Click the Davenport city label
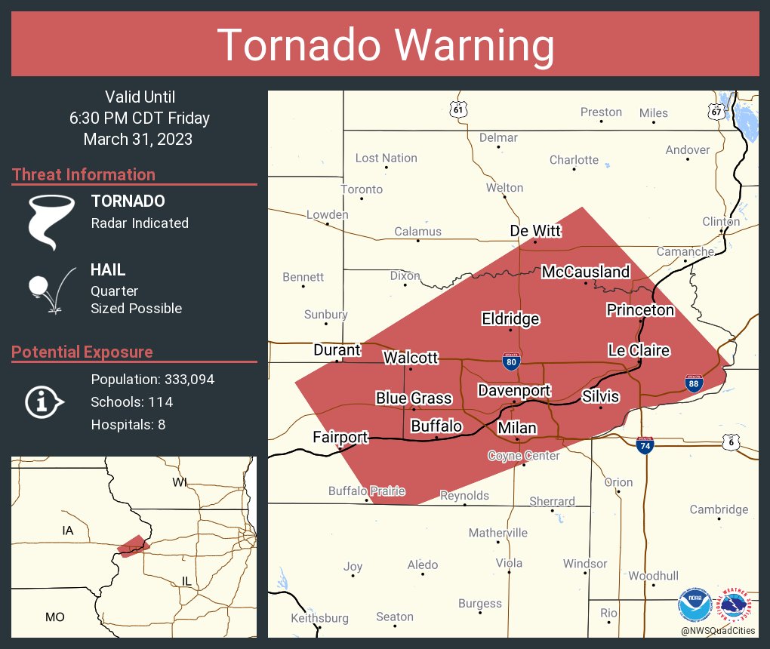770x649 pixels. [x=514, y=390]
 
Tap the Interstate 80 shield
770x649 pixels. [x=511, y=362]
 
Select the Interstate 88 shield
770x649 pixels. [x=693, y=383]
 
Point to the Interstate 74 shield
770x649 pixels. [x=644, y=445]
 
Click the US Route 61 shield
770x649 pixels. [x=458, y=109]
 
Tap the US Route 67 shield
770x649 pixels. [x=716, y=111]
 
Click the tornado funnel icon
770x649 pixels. [x=51, y=220]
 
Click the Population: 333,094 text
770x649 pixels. [x=152, y=379]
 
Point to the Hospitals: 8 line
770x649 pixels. [x=128, y=424]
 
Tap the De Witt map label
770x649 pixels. [x=535, y=230]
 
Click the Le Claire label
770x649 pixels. [x=639, y=350]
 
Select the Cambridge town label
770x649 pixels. [x=719, y=509]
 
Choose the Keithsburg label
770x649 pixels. [x=319, y=618]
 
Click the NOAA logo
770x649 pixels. [x=695, y=606]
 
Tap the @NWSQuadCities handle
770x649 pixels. [x=718, y=631]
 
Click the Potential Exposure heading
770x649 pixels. [x=82, y=352]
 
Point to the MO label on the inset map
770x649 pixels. [x=54, y=617]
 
